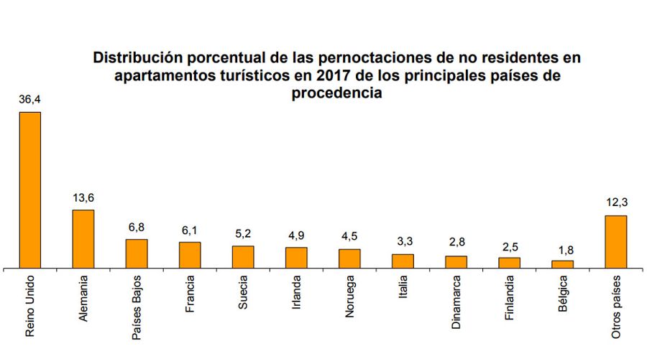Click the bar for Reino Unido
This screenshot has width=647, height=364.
pyautogui.click(x=29, y=190)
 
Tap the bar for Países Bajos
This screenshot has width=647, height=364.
pyautogui.click(x=137, y=253)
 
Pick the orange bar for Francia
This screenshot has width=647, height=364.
pyautogui.click(x=190, y=255)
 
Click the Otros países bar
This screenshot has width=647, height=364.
pyautogui.click(x=615, y=241)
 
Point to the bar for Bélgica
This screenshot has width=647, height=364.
pyautogui.click(x=562, y=264)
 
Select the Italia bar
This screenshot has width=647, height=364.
pyautogui.click(x=403, y=261)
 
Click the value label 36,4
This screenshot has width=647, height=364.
pyautogui.click(x=29, y=101)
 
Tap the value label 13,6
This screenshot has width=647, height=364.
pyautogui.click(x=83, y=198)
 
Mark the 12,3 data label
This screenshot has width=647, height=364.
pyautogui.click(x=615, y=204)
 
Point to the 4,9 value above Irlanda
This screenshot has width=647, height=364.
pyautogui.click(x=296, y=235)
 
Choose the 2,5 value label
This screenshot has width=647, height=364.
pyautogui.click(x=509, y=246)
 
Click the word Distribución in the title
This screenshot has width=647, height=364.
pyautogui.click(x=137, y=57)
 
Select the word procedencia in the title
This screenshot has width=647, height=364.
pyautogui.click(x=336, y=93)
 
